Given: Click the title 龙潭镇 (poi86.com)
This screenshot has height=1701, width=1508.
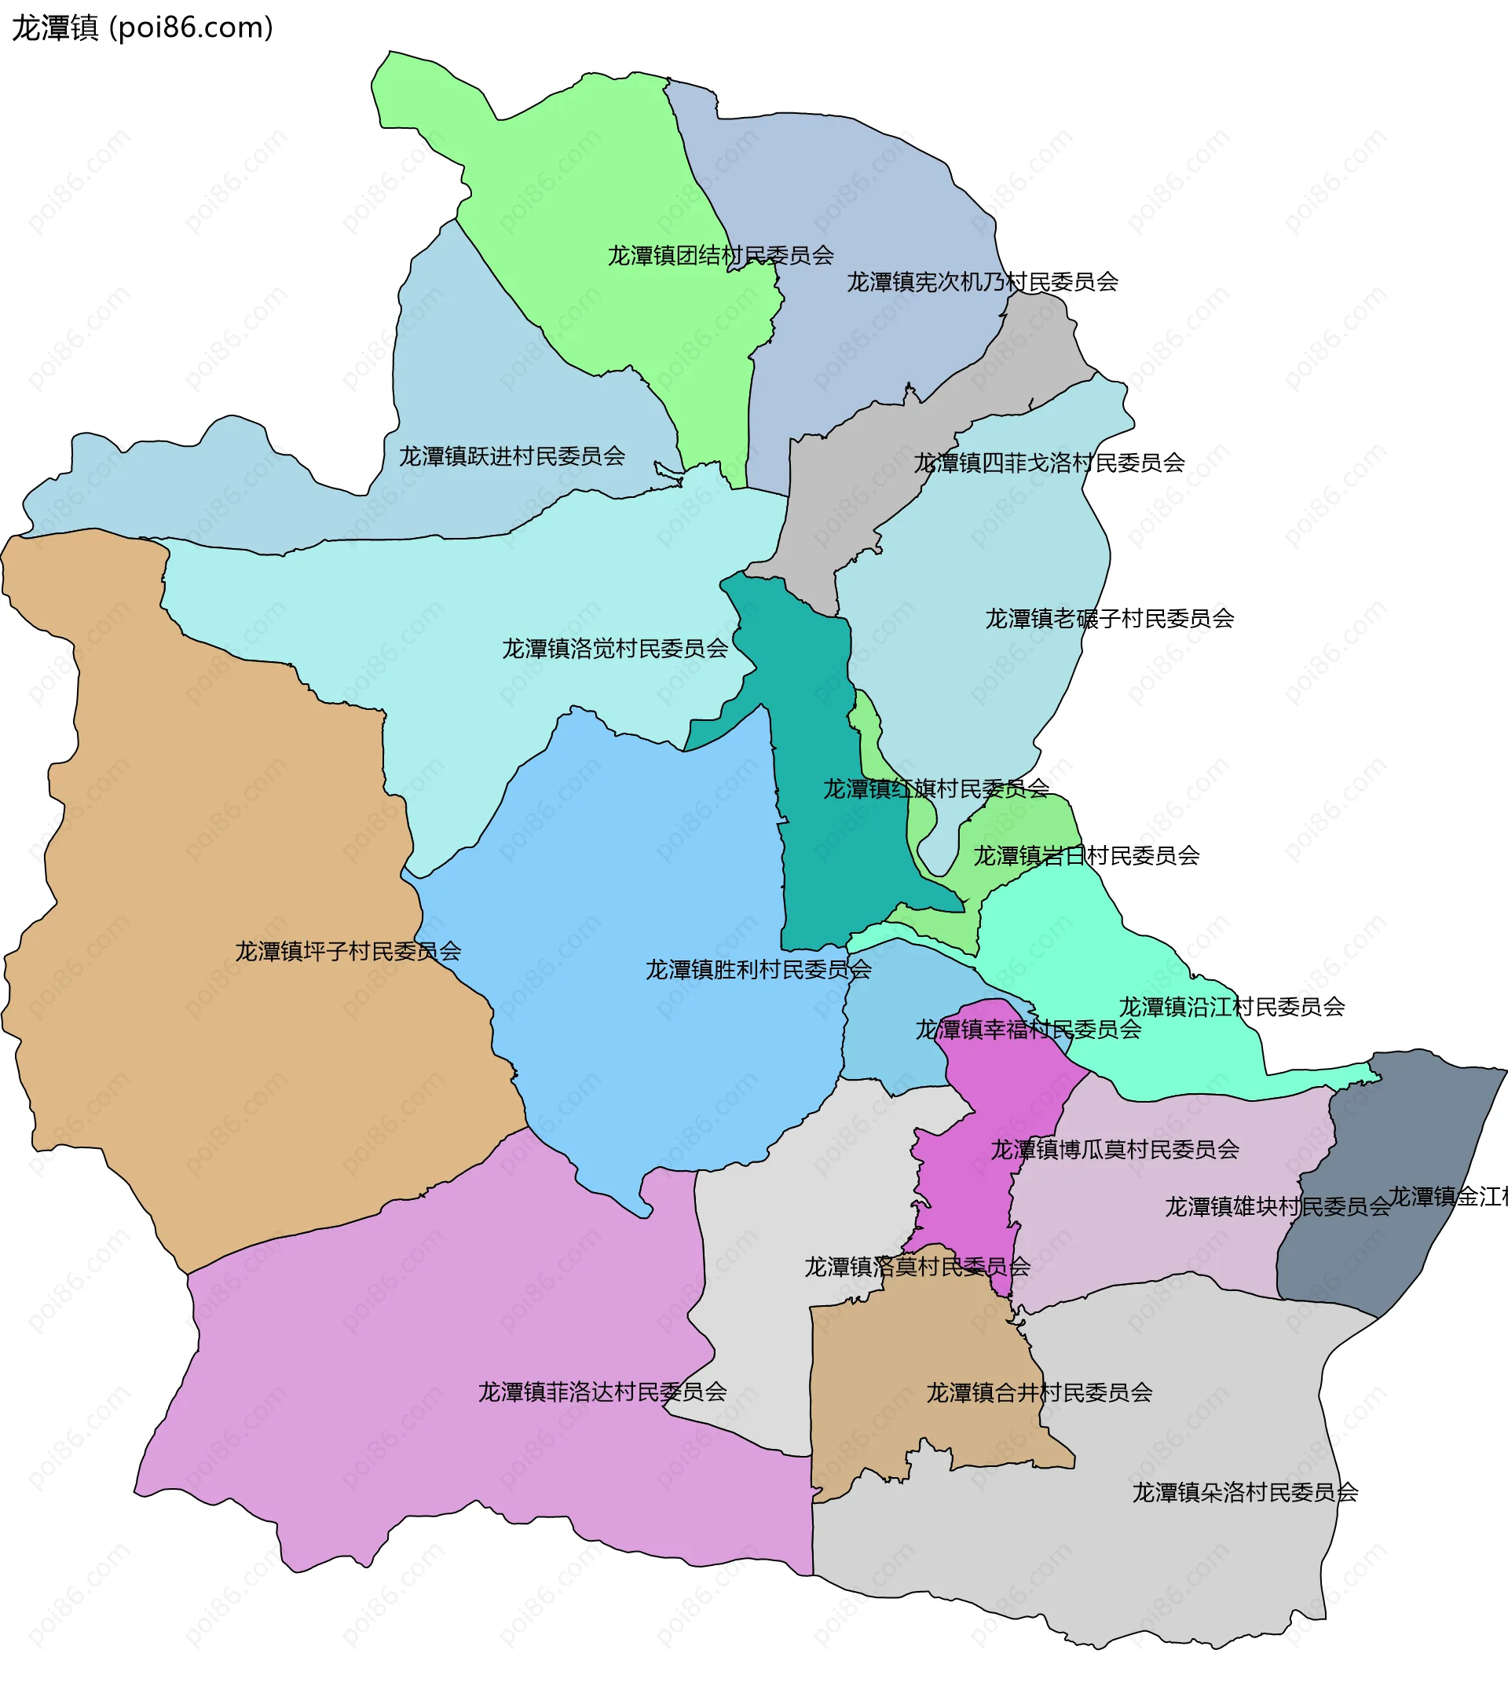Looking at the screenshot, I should [142, 27].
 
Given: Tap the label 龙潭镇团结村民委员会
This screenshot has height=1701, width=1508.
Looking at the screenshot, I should [720, 255].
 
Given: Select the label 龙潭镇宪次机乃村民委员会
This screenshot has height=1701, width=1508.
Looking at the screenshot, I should [982, 282].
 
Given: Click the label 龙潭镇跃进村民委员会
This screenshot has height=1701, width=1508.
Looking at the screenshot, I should [512, 456].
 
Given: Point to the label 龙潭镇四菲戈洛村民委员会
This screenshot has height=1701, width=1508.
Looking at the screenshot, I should [1049, 463].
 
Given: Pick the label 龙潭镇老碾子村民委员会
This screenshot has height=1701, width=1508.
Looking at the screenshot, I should [1109, 618].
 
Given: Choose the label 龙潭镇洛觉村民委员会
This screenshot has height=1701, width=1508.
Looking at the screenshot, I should [615, 648].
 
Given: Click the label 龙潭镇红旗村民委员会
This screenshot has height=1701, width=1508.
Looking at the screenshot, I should [936, 788].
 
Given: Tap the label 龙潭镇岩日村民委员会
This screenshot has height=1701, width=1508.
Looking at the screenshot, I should [1086, 855].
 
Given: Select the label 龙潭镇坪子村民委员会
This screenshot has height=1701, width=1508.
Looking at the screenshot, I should [348, 951].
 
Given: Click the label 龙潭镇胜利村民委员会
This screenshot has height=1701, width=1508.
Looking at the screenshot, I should [758, 970].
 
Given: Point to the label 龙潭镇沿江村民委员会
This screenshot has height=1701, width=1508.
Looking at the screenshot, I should [1232, 1007].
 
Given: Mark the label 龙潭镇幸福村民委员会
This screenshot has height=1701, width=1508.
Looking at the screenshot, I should [1029, 1030].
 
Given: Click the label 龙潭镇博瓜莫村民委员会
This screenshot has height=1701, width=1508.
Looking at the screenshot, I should [1115, 1150].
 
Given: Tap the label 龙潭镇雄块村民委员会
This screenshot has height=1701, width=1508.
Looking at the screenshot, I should [1276, 1207].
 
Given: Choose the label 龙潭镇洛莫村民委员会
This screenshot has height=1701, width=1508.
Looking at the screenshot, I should [917, 1267].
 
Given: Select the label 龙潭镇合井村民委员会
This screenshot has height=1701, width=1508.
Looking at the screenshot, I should [1039, 1392].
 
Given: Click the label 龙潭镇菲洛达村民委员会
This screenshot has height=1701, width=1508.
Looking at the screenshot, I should [602, 1392].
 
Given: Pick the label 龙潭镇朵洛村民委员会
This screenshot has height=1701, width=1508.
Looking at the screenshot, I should [1245, 1492].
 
